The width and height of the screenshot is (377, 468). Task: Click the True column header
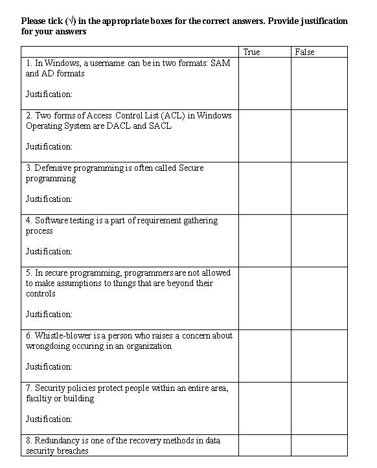[251, 52]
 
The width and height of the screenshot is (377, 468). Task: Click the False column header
[304, 52]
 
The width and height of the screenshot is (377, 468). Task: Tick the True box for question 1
[264, 84]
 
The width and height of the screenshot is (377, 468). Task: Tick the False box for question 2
[319, 136]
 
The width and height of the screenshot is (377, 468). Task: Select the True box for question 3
[264, 188]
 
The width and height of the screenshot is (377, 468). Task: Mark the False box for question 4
[319, 241]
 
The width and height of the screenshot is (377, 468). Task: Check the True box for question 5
[264, 298]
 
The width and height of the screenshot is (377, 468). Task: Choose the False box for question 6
[319, 356]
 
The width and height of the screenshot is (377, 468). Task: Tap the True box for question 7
[264, 408]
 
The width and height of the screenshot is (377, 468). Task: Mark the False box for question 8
[319, 445]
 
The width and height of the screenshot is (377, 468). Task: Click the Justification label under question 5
[49, 315]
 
